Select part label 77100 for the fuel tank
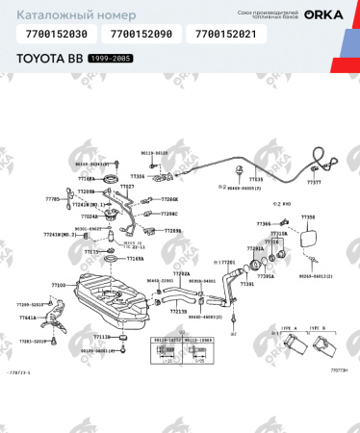[x=58, y=285]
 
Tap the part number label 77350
[x=308, y=217]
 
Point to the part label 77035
[x=256, y=179]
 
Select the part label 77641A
[x=27, y=317]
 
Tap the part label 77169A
[x=135, y=259]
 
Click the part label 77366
[x=263, y=223]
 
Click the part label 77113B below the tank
[x=101, y=338]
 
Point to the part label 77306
[x=138, y=176]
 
